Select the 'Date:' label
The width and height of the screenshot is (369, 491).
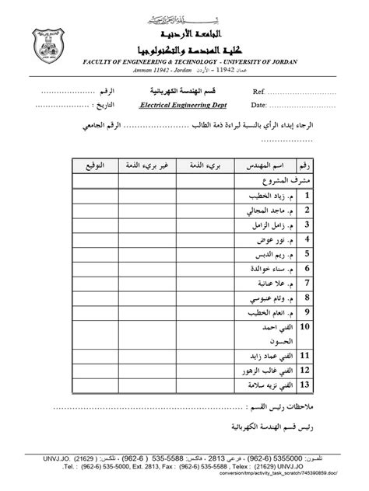point(260,104)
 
